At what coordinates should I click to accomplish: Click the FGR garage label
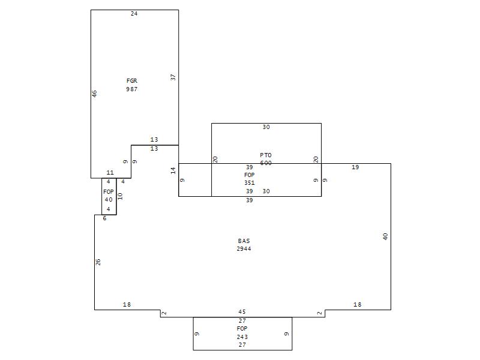pos(132,81)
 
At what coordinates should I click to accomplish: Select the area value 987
pos(132,89)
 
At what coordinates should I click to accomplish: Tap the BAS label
pos(244,241)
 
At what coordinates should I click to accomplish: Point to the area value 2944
pos(244,248)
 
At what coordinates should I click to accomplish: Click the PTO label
pos(266,155)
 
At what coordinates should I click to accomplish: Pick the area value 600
pos(266,163)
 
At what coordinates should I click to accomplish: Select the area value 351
pos(250,183)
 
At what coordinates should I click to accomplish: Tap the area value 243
pos(242,337)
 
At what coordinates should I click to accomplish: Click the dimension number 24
pos(134,13)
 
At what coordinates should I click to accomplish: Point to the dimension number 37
pos(173,77)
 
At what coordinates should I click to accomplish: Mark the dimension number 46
pos(95,94)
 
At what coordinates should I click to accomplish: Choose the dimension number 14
pos(173,170)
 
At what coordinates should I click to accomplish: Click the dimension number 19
pos(355,167)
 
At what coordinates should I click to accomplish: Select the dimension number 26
pos(98,262)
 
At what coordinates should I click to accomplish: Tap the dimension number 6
pos(104,218)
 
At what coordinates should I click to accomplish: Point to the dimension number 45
pos(242,312)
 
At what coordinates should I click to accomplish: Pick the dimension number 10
pos(120,196)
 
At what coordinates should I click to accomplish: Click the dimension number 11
pos(110,173)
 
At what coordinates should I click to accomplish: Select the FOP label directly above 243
pos(242,329)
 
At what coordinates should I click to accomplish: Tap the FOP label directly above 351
pos(250,175)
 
